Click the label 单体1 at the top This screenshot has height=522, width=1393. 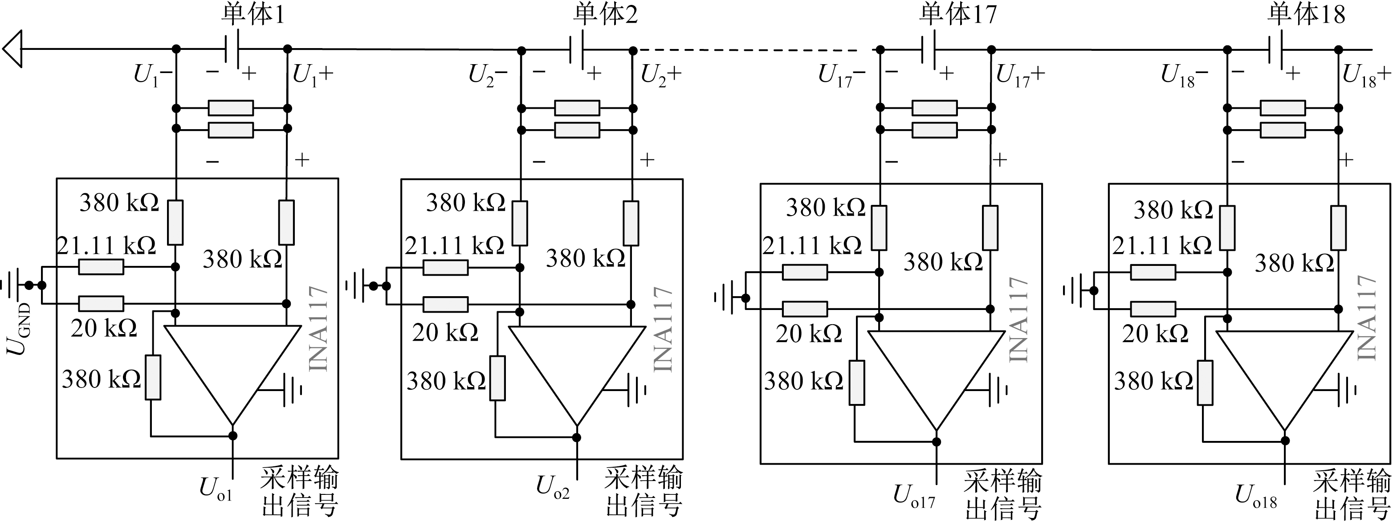[x=253, y=15]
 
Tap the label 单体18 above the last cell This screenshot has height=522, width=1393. [x=1305, y=15]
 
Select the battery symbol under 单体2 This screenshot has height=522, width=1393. [x=578, y=50]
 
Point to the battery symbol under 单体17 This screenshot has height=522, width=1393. [x=928, y=50]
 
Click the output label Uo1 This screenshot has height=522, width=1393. [x=216, y=489]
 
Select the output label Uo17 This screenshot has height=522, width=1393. [x=914, y=495]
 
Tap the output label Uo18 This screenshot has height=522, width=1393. [x=1256, y=495]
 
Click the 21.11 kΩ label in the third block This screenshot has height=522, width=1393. [x=812, y=246]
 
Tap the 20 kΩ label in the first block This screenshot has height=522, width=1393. [x=103, y=328]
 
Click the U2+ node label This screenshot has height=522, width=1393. [x=661, y=75]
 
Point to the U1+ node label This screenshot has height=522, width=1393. [x=313, y=75]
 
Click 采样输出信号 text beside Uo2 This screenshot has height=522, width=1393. [x=644, y=491]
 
